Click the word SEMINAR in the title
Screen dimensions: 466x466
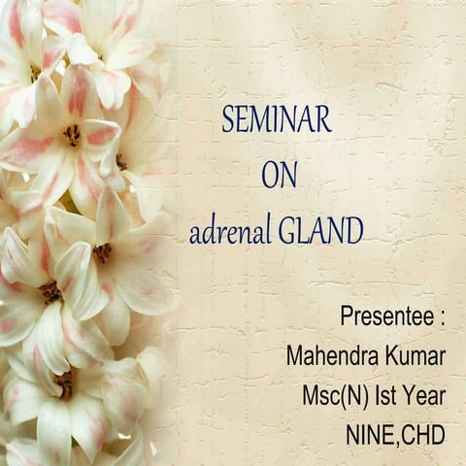pyautogui.click(x=277, y=119)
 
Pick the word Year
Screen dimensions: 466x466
pyautogui.click(x=426, y=395)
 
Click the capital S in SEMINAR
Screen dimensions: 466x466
pyautogui.click(x=228, y=119)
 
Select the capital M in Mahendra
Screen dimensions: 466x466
pyautogui.click(x=295, y=355)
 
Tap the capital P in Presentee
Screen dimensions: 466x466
pyautogui.click(x=347, y=316)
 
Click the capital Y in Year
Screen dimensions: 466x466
pyautogui.click(x=412, y=395)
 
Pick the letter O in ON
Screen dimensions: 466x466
pyautogui.click(x=269, y=175)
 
